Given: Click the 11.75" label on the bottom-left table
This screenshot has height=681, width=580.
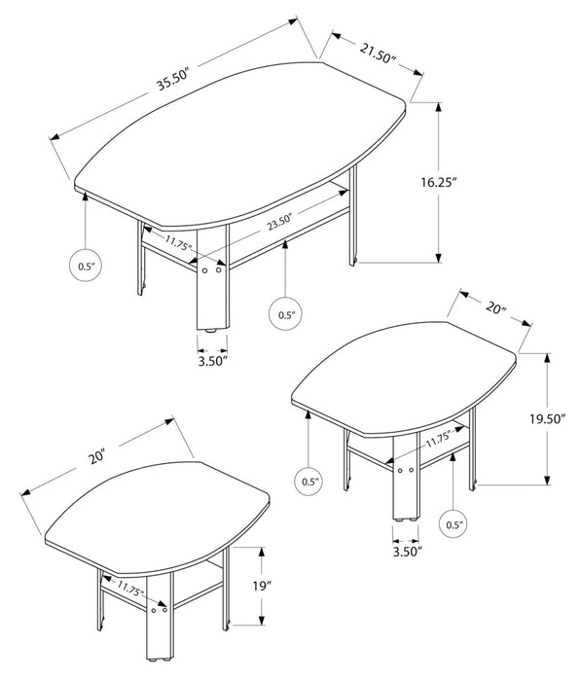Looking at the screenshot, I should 130,591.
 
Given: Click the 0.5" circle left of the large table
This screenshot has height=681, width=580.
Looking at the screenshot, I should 86,265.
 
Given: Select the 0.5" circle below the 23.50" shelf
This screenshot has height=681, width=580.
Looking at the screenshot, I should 285,314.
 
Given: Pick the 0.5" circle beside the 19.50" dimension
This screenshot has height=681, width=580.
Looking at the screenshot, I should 453,525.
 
